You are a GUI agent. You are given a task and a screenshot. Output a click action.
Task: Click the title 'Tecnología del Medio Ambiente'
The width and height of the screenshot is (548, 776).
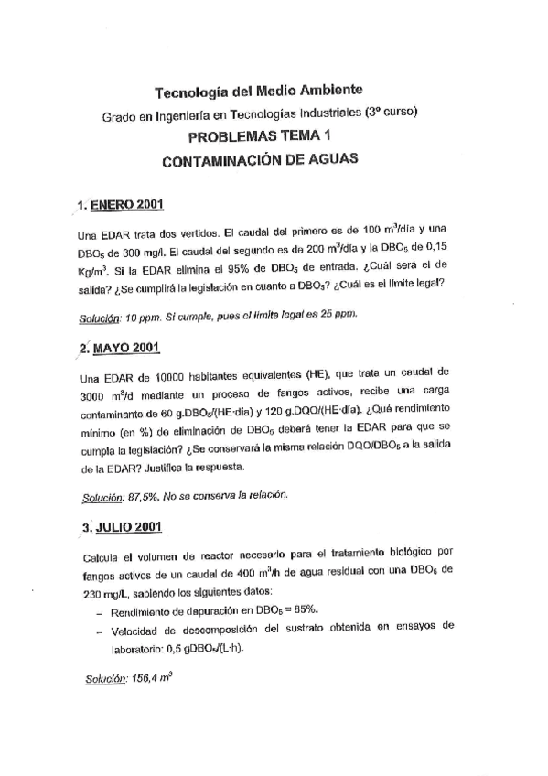click(x=259, y=91)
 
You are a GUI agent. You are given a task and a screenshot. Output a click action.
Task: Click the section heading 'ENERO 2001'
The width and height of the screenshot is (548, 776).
click(x=128, y=204)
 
